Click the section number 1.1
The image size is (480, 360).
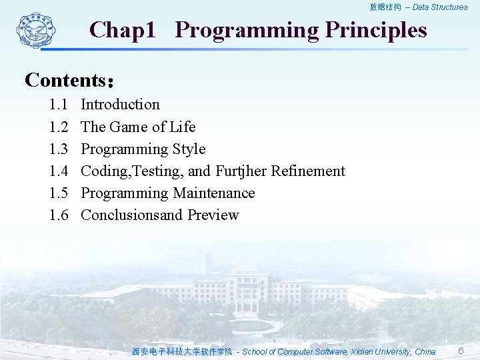[58, 105]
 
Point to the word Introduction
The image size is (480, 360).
[120, 105]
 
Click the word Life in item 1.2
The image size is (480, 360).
[182, 127]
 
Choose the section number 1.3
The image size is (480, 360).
[58, 149]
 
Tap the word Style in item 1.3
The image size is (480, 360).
[189, 149]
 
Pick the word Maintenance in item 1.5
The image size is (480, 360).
[214, 193]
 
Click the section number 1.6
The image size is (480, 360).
[58, 215]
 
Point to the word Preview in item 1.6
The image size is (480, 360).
[213, 215]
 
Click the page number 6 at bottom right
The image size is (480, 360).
[461, 351]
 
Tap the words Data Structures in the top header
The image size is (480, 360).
[440, 7]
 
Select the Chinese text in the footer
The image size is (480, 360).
[182, 352]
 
